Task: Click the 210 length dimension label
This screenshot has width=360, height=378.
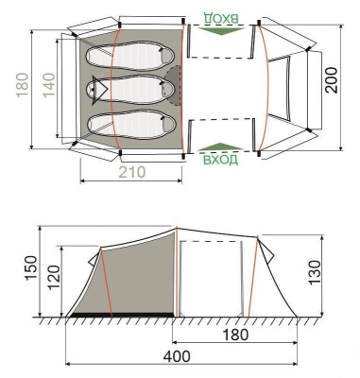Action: click(x=132, y=172)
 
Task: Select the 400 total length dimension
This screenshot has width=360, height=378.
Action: click(x=177, y=357)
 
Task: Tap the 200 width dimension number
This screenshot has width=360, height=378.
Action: click(x=332, y=80)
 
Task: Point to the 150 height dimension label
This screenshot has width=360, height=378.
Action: click(x=31, y=267)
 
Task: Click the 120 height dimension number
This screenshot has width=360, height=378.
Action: click(x=53, y=278)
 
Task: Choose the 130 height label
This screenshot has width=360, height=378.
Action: click(x=314, y=272)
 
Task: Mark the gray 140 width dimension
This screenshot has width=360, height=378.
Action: click(x=49, y=85)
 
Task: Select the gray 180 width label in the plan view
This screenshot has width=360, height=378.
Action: click(x=23, y=85)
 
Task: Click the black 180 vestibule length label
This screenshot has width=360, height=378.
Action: click(x=235, y=335)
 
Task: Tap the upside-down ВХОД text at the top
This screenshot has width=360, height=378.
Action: click(x=221, y=18)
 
